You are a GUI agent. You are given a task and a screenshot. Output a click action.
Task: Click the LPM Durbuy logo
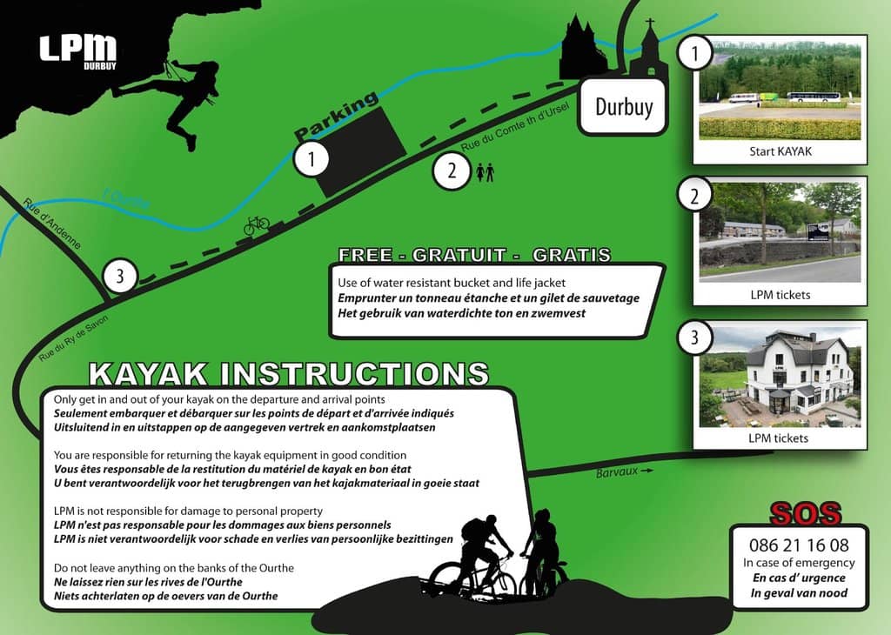point(77,51)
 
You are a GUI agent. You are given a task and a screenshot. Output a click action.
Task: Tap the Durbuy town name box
point(623,107)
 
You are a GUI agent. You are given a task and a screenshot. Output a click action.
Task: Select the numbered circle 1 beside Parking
point(312,159)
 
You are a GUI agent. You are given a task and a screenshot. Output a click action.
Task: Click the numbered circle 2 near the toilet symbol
point(452,170)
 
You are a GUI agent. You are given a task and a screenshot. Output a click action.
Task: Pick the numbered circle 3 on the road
point(120,277)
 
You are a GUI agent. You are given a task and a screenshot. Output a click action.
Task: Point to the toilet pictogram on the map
point(485,172)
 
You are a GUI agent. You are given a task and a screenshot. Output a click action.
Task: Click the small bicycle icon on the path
point(257,225)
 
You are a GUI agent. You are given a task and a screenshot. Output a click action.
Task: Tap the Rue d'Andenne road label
point(52,224)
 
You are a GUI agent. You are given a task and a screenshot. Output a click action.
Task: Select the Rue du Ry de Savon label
point(73,338)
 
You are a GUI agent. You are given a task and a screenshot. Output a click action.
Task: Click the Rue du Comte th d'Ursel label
point(515,127)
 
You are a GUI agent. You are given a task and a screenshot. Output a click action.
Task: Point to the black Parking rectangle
point(359,151)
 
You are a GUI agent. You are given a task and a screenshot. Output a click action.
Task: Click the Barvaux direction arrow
point(646,471)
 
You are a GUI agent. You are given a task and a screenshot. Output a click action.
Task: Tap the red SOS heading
point(805,513)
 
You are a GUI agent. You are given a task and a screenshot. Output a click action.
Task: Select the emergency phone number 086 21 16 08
point(799,545)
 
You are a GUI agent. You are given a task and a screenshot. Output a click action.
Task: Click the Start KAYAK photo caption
point(780,151)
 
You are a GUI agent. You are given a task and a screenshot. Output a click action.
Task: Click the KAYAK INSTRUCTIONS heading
point(289,374)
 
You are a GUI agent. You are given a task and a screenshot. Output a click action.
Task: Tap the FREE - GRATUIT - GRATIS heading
point(474,255)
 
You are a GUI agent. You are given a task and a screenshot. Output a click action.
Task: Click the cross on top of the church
point(650,23)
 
